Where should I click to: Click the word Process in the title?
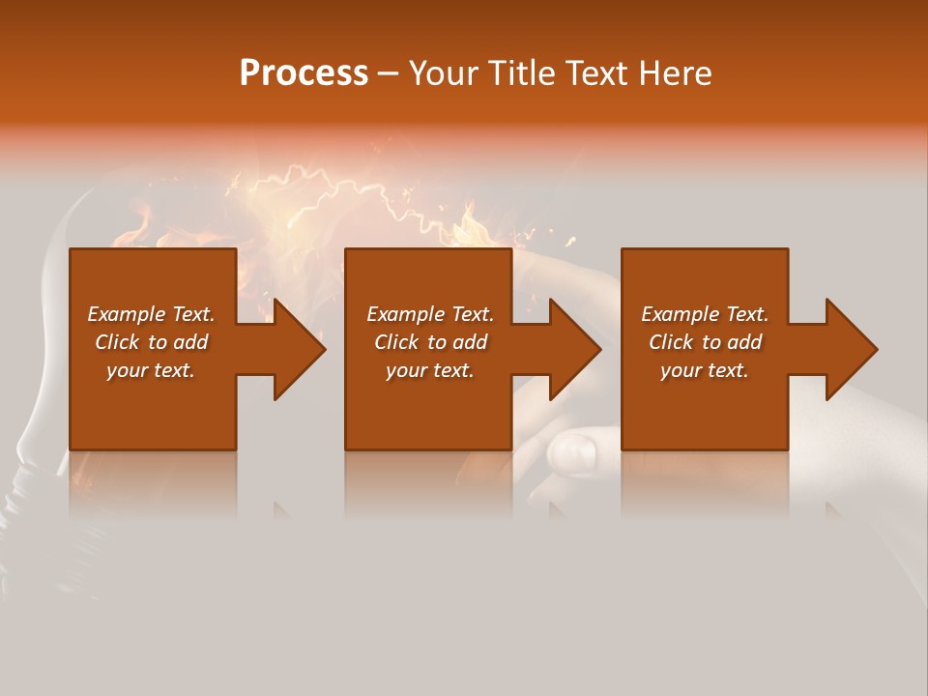(304, 73)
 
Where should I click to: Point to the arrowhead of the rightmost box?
(850, 349)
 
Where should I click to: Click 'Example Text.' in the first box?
(151, 314)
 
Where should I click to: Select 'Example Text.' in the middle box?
(430, 314)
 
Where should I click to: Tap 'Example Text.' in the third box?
(705, 314)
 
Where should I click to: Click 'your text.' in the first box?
(151, 370)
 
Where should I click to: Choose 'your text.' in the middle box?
(430, 370)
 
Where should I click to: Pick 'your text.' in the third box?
(705, 370)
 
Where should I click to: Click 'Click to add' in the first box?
(151, 342)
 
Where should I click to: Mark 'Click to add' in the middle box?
(430, 342)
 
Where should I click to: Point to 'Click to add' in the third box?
(705, 342)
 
